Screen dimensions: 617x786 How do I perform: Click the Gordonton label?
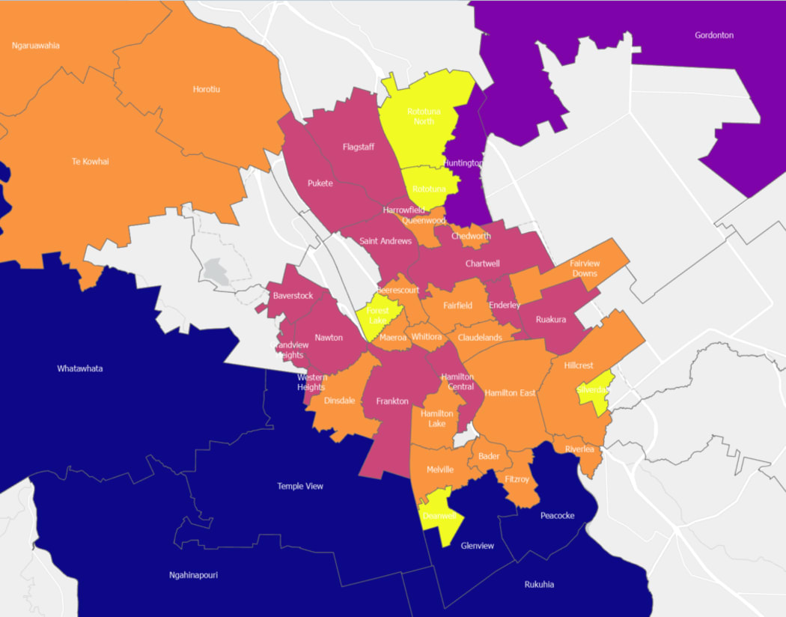(x=713, y=35)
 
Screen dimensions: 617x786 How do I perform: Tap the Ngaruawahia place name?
(x=35, y=46)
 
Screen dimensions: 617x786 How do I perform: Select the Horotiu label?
(x=207, y=89)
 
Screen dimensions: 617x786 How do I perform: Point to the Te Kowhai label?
(x=90, y=161)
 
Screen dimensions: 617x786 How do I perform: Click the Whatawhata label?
(x=80, y=368)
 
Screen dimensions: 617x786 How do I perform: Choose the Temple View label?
(x=300, y=486)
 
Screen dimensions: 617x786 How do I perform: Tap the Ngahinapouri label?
(x=193, y=575)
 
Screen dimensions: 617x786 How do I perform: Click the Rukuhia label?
(x=539, y=584)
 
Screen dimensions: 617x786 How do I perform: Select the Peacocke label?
(x=558, y=515)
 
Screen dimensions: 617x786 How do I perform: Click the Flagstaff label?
(x=359, y=147)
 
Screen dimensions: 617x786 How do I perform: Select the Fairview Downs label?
(x=585, y=268)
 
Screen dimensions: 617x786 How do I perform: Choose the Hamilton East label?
(x=510, y=393)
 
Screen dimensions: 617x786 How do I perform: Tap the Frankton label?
(x=392, y=401)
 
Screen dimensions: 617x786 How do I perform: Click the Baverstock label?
(x=293, y=296)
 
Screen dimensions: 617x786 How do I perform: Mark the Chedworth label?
(x=472, y=236)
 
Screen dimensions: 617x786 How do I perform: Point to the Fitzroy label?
(x=517, y=478)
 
